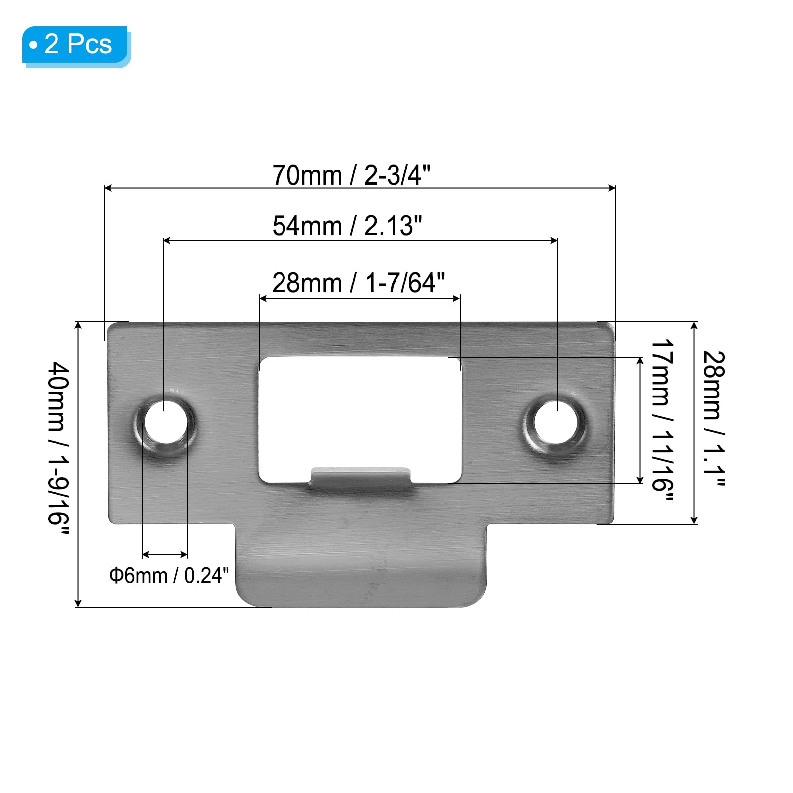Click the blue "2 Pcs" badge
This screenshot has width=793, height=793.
(76, 46)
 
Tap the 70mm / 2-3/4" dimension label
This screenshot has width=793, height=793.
(351, 175)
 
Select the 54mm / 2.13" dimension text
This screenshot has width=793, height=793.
(347, 226)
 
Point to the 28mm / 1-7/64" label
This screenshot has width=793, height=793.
(358, 283)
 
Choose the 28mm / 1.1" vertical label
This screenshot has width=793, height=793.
(714, 419)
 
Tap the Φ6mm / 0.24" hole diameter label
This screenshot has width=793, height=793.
(169, 575)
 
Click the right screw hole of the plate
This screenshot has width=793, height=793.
(556, 421)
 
